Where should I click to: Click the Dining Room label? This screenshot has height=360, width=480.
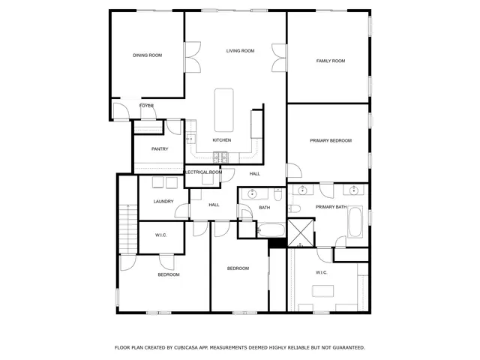(147, 55)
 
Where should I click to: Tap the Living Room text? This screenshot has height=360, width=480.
(241, 51)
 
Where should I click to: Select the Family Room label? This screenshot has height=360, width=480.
(330, 61)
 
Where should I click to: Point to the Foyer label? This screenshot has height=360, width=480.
(146, 106)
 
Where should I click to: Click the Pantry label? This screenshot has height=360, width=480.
(160, 149)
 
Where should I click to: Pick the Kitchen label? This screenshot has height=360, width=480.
(221, 140)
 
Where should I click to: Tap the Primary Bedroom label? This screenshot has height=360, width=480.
(330, 140)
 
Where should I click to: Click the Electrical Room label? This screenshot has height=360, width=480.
(203, 172)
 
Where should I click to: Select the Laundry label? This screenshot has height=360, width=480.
(163, 201)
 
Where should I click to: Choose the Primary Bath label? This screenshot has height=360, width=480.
(330, 207)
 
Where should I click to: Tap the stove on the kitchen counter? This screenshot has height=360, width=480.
(220, 157)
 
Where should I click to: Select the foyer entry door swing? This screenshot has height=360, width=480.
(120, 111)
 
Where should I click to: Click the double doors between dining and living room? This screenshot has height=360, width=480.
(192, 58)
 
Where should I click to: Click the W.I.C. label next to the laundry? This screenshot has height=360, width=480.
(160, 235)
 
